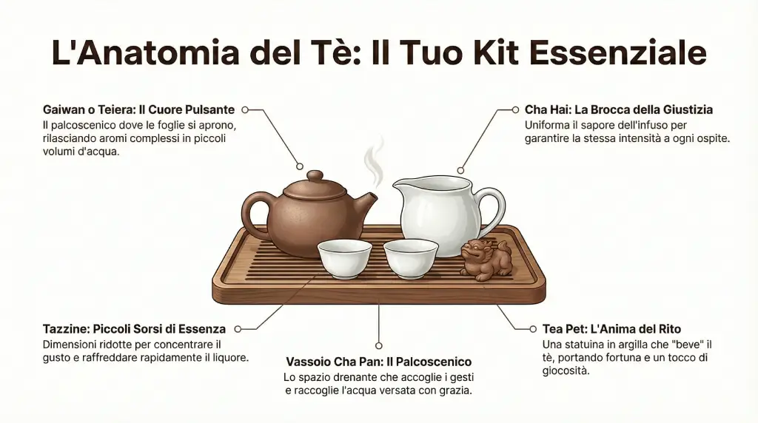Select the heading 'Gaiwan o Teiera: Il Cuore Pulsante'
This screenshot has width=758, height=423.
click(x=138, y=109)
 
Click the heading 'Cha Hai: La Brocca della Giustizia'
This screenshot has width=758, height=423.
click(x=618, y=109)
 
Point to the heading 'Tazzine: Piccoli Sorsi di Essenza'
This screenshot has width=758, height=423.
click(x=134, y=329)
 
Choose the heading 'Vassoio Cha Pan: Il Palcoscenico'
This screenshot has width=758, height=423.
click(x=378, y=362)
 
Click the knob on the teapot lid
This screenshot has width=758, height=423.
click(x=315, y=177)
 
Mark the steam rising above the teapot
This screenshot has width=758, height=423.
click(x=376, y=159)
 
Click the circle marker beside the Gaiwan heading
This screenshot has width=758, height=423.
click(x=246, y=109)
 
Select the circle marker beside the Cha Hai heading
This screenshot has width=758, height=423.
click(x=515, y=109)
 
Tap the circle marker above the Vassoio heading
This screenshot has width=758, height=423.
click(x=379, y=345)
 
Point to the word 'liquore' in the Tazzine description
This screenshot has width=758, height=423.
click(x=228, y=358)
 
